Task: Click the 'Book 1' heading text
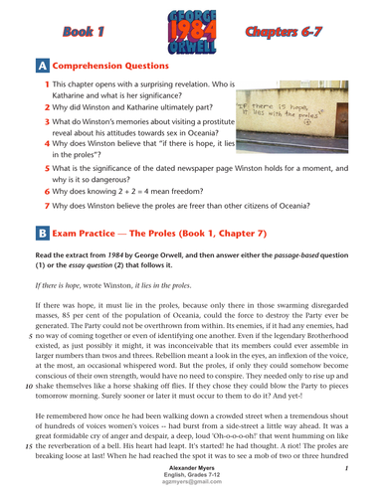pyautogui.click(x=77, y=31)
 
